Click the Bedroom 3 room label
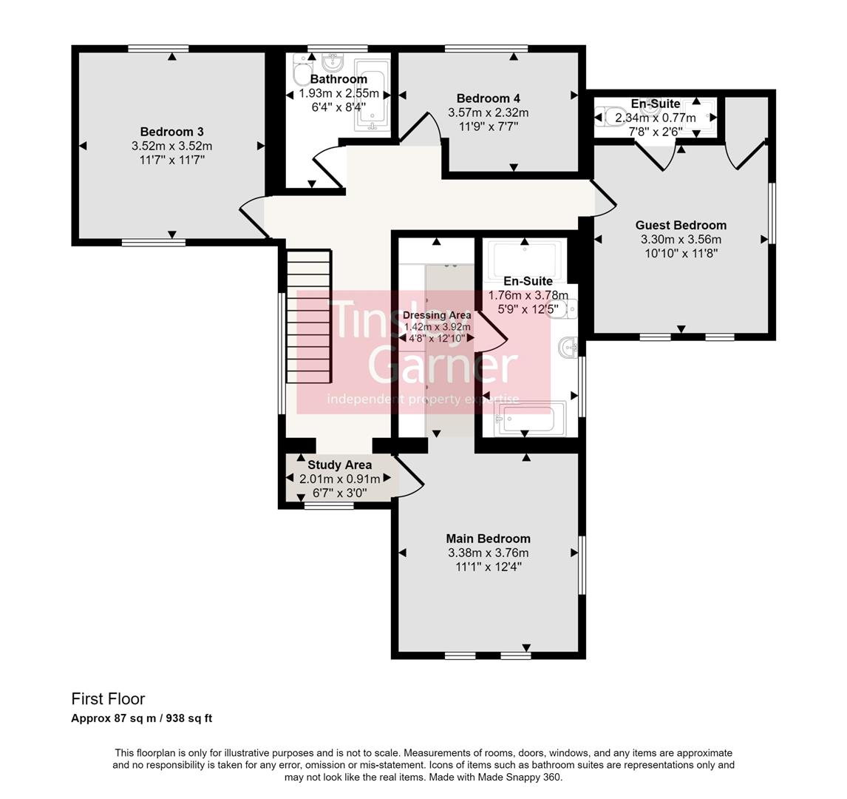[171, 132]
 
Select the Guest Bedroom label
[681, 225]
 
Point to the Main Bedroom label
[488, 539]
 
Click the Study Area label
[339, 465]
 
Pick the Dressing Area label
[437, 315]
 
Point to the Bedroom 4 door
[418, 127]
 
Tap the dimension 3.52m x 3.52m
[171, 146]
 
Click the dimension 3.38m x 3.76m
[488, 553]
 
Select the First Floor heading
[108, 698]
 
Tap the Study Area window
[329, 506]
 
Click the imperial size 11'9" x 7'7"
[488, 127]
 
